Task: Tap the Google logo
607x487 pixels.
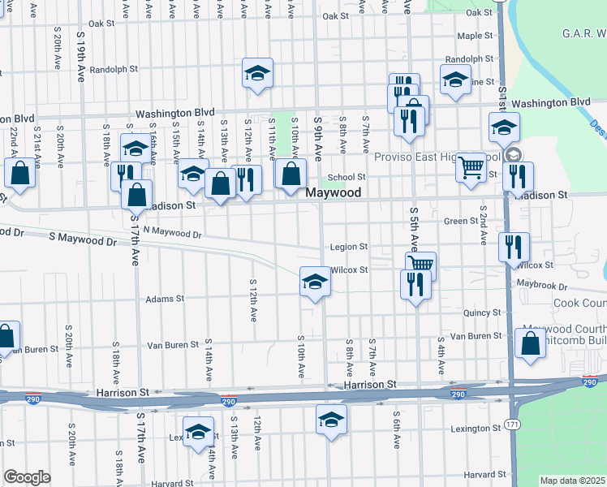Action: point(27,477)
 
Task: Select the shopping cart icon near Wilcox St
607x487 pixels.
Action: point(420,264)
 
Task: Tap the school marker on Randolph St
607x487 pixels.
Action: point(257,73)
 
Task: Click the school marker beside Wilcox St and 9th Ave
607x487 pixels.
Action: point(315,281)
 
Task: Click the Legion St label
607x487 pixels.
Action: point(349,247)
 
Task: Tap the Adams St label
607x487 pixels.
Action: point(165,299)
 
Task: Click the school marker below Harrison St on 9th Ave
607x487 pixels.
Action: point(331,420)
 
